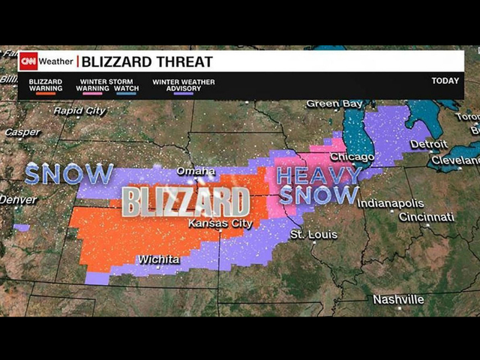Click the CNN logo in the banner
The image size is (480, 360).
[x=28, y=61]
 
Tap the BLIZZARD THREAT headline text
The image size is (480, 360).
[x=147, y=61]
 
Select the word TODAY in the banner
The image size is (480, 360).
[x=445, y=81]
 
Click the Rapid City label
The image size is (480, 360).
[x=79, y=111]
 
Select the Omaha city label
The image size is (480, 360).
[x=196, y=172]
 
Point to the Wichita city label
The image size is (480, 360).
[x=158, y=259]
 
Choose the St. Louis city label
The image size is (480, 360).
[x=313, y=235]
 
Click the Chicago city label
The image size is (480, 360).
[x=352, y=157]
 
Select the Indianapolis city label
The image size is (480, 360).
[x=390, y=203]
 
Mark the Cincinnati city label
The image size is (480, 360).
[x=426, y=217]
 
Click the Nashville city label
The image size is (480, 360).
[x=398, y=299]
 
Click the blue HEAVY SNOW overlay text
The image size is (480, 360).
[x=318, y=185]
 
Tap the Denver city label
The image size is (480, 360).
[x=18, y=199]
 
